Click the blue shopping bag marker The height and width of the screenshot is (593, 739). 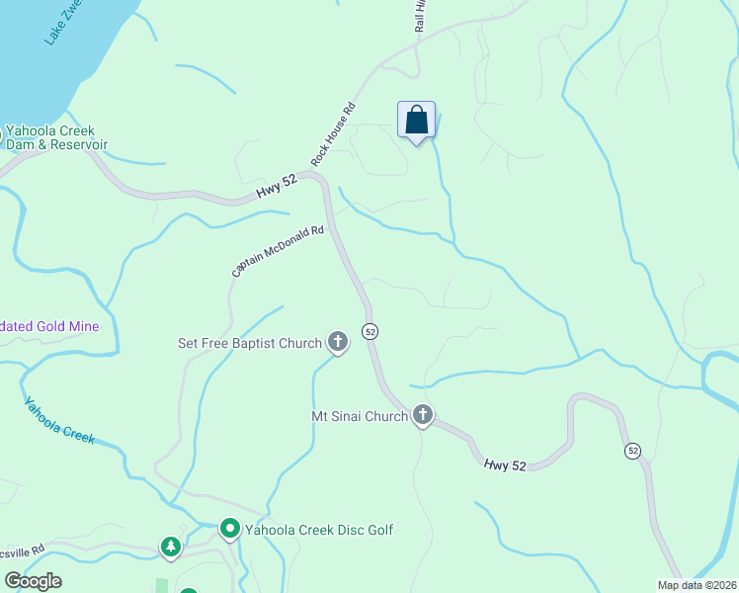[x=417, y=121]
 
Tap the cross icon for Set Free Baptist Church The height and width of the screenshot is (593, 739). [x=338, y=343]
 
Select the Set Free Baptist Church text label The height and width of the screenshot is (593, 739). [x=250, y=344]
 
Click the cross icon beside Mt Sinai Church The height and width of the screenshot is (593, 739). [x=423, y=416]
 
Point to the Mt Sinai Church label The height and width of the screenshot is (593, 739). [x=360, y=417]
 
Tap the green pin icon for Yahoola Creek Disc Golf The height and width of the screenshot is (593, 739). [x=230, y=531]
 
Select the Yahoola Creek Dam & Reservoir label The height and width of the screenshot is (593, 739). [x=55, y=137]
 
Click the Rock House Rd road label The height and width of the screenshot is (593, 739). [x=333, y=134]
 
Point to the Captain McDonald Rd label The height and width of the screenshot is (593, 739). [x=278, y=251]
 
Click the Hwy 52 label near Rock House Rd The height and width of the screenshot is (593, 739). [x=277, y=187]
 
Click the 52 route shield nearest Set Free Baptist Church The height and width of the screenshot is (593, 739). [x=369, y=331]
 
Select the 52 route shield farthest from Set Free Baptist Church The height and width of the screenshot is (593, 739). [x=632, y=451]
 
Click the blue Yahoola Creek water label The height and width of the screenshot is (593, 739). [x=59, y=420]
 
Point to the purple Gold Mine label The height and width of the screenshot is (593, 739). [x=49, y=325]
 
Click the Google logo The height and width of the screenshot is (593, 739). [x=33, y=581]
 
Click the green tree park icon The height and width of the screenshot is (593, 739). [x=171, y=547]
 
